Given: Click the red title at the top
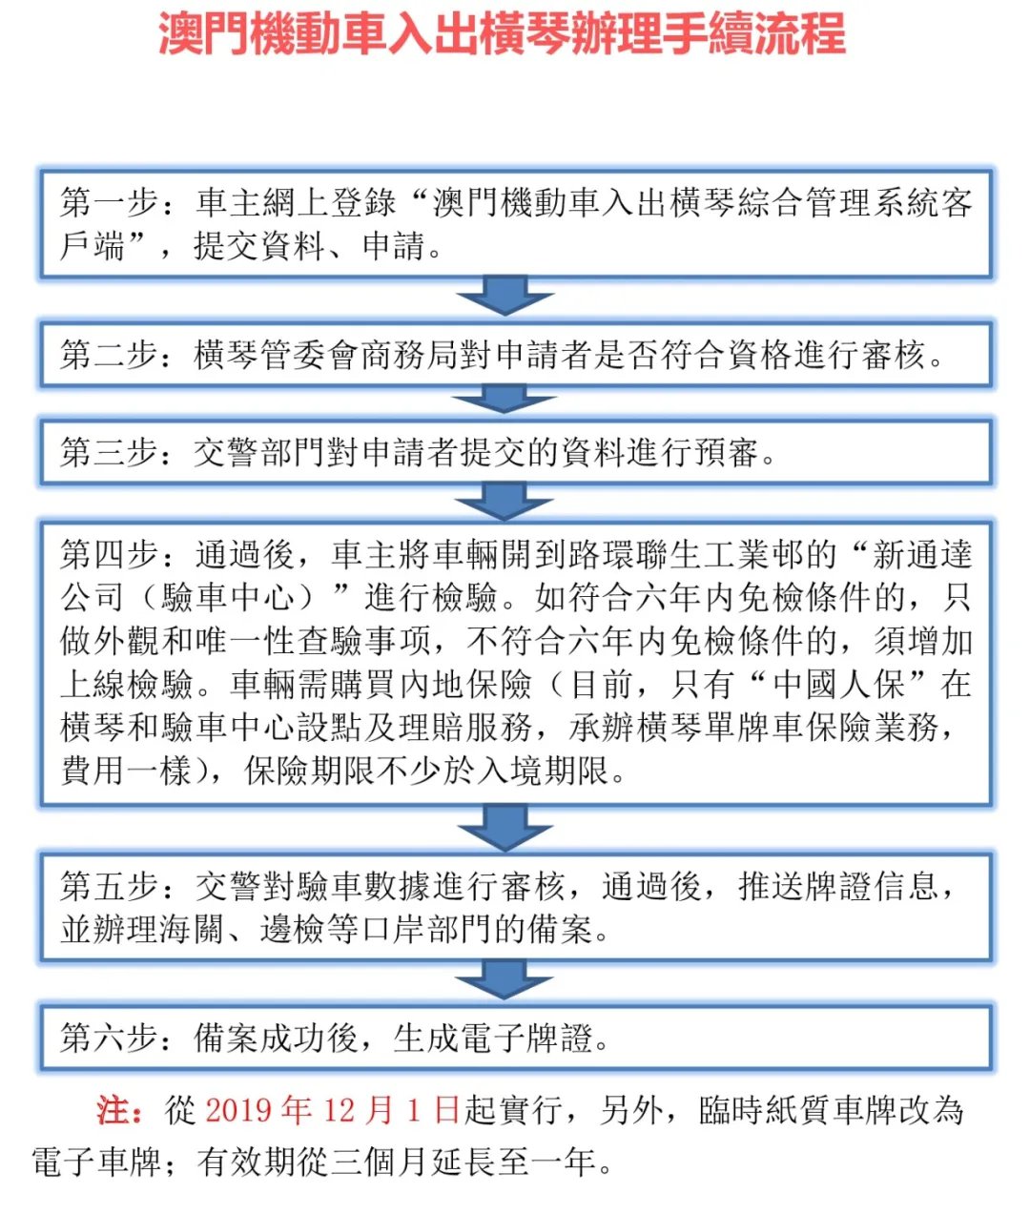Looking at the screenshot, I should [x=502, y=35].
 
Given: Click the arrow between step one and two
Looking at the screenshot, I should [x=505, y=297].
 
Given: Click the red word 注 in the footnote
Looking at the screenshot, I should [x=113, y=1110].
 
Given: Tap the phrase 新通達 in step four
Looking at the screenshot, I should [x=922, y=555].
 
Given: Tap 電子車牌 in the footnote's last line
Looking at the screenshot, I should [x=96, y=1162].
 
